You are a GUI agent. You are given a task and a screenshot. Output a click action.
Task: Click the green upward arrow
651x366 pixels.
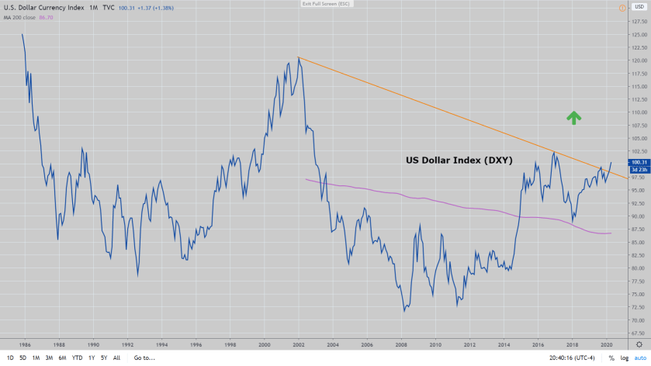tap(573, 117)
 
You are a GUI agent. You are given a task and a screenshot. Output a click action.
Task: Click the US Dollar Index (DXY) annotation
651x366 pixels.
tap(459, 160)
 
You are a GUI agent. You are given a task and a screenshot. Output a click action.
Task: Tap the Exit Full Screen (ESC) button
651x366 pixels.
tap(325, 4)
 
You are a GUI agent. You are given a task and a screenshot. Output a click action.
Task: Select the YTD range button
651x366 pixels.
tap(78, 358)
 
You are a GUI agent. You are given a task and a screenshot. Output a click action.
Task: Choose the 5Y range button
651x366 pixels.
tap(103, 358)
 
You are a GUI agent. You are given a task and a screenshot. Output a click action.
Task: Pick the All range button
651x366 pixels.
tap(116, 358)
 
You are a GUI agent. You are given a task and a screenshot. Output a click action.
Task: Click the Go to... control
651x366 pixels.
tap(144, 358)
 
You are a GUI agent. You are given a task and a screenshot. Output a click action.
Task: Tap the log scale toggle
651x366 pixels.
tap(623, 358)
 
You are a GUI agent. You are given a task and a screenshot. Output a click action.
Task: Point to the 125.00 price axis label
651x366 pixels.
tap(639, 35)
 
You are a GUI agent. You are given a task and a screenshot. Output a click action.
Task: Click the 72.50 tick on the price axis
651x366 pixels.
tap(639, 307)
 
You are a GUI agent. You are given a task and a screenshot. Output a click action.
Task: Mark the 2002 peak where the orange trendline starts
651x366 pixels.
tap(299, 57)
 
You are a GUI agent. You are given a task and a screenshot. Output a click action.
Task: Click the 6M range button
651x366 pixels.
tap(63, 358)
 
